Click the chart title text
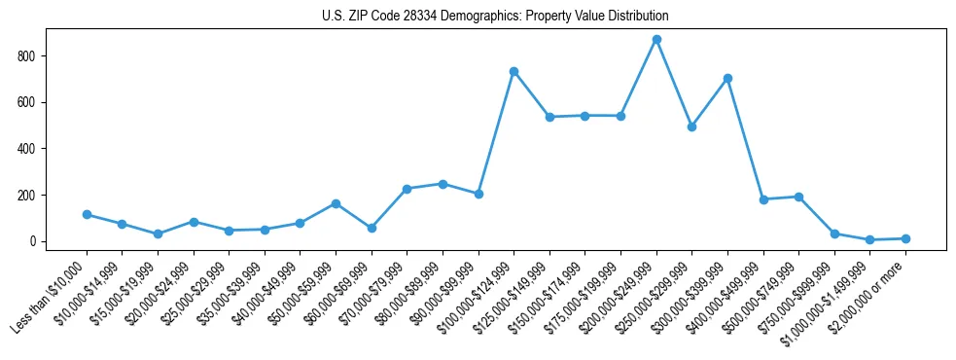[495, 17]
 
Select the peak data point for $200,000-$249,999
[656, 40]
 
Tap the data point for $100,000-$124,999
[513, 72]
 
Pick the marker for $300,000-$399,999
[727, 78]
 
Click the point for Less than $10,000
[87, 214]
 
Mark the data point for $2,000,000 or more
[905, 238]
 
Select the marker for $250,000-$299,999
[691, 126]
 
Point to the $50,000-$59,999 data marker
[336, 203]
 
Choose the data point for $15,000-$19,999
[158, 234]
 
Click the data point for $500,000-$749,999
[798, 197]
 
